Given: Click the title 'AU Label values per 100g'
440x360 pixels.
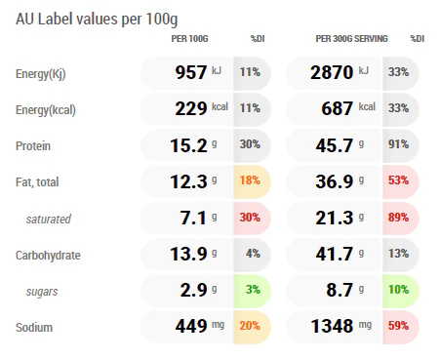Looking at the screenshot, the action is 97,20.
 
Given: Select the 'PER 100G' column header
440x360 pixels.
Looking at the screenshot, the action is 189,39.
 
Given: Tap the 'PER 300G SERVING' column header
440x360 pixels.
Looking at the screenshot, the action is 351,39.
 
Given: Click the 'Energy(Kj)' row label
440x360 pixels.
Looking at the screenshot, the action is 41,74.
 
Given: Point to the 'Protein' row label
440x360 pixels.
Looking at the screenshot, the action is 33,146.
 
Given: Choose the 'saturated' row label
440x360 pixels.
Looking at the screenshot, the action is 49,220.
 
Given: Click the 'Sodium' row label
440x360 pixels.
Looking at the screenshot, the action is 34,327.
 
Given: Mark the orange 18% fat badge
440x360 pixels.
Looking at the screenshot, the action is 250,180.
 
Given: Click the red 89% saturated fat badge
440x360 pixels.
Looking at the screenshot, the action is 398,217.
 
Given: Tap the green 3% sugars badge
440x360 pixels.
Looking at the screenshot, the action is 253,290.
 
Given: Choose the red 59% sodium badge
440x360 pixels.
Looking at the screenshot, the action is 398,326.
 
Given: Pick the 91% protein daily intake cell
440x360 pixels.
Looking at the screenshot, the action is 398,144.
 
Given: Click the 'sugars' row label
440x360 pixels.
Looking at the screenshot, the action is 42,292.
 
